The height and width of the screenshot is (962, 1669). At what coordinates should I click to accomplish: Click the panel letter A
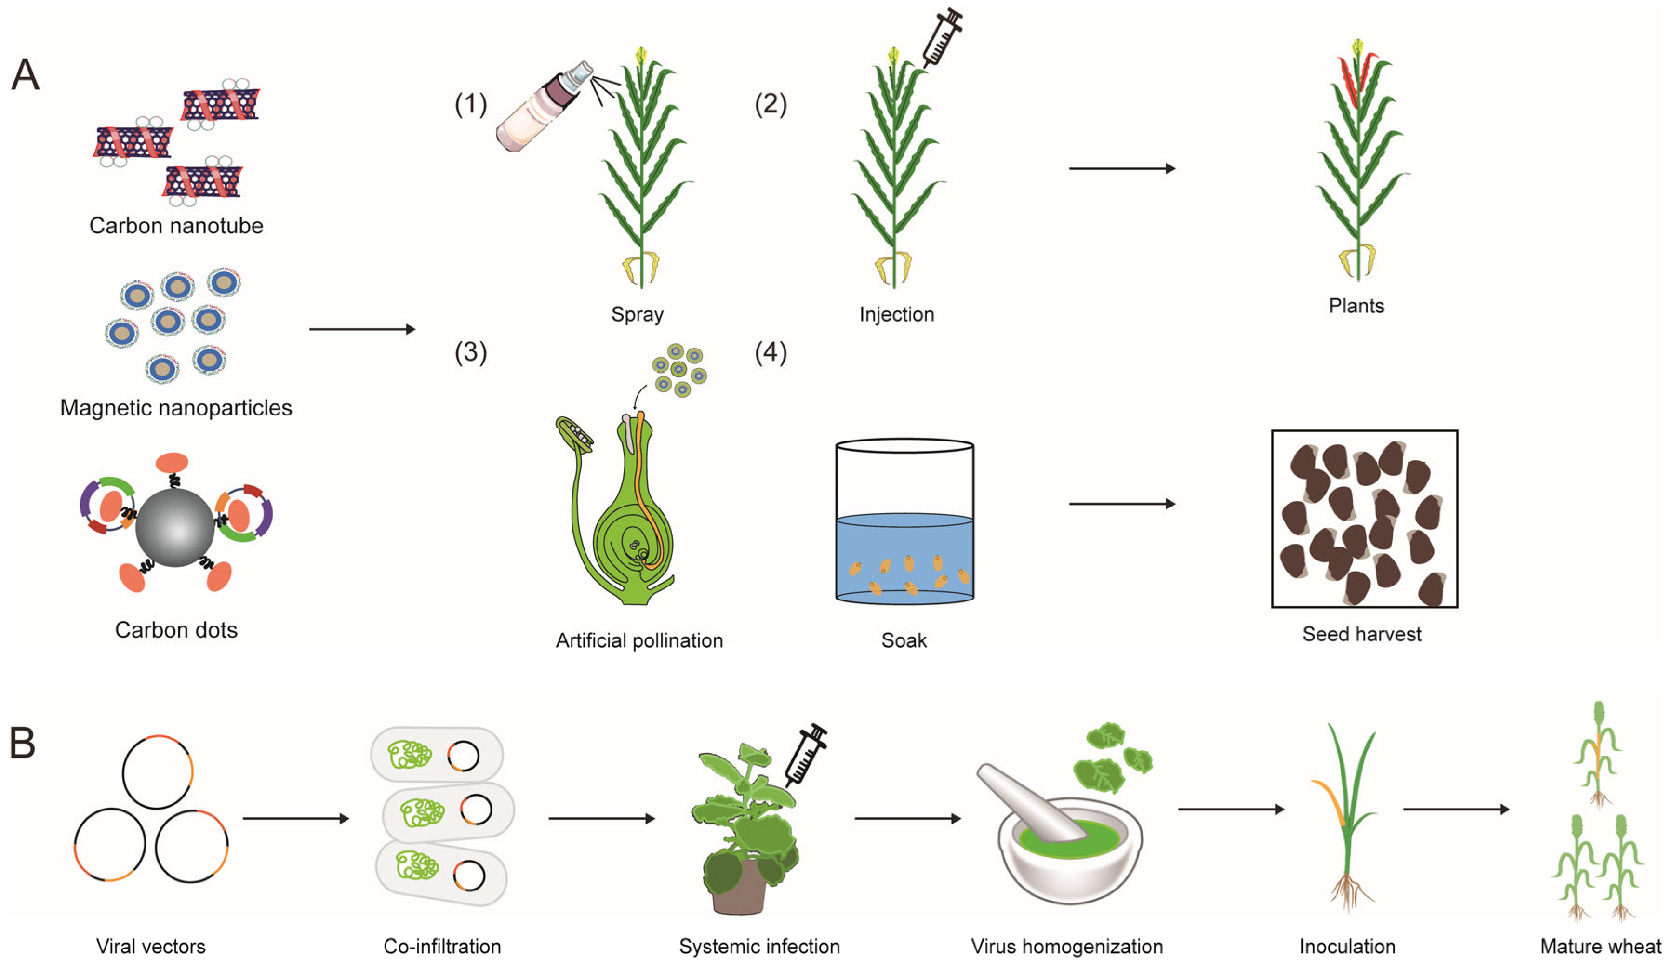[25, 75]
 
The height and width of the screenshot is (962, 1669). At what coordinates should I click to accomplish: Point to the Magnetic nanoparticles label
[176, 408]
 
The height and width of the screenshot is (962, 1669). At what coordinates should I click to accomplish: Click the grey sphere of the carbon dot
[175, 527]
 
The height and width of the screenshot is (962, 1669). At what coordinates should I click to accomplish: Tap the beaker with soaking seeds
[904, 522]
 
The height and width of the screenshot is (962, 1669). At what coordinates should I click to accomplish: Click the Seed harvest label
[1362, 634]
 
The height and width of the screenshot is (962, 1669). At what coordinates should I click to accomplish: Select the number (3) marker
[471, 353]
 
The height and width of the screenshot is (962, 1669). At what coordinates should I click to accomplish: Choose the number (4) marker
[771, 353]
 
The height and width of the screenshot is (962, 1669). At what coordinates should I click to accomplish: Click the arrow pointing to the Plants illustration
[1122, 169]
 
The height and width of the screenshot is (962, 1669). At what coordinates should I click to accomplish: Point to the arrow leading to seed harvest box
[1122, 503]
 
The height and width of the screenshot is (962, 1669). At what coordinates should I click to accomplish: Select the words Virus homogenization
[1066, 946]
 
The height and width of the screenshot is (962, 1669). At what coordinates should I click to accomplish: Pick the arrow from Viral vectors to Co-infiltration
[295, 818]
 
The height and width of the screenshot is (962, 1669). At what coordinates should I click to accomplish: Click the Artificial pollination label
[639, 640]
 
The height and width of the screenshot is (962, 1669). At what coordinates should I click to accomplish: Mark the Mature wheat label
[1600, 946]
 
